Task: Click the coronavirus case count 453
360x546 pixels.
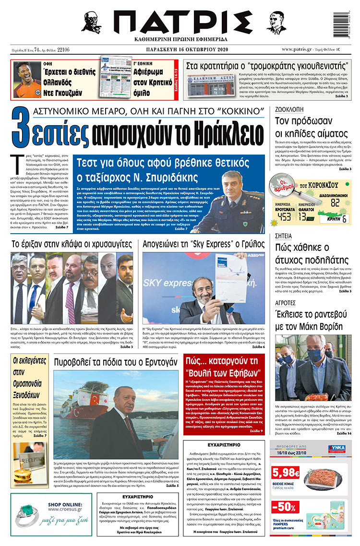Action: click(284, 216)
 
